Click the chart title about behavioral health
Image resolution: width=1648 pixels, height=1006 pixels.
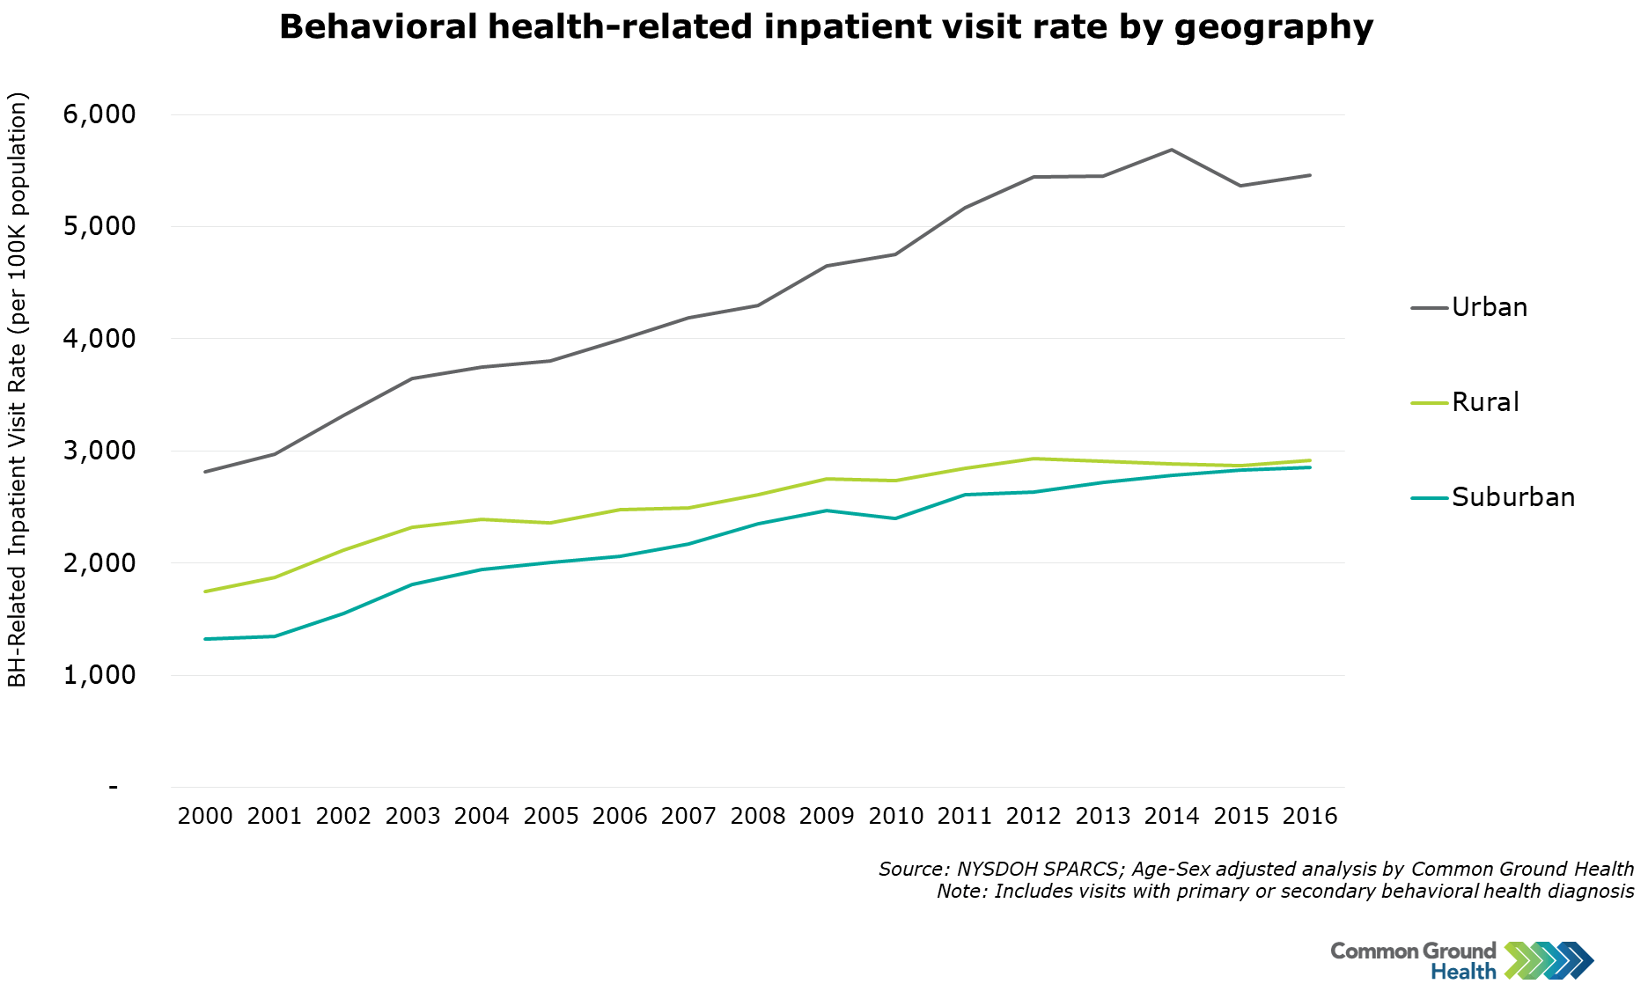point(826,27)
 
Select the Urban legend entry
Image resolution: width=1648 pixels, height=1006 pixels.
point(1489,307)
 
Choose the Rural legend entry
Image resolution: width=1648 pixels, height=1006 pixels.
point(1485,402)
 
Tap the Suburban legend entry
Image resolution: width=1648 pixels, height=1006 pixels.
point(1512,497)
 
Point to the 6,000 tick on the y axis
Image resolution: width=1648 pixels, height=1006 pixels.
point(99,114)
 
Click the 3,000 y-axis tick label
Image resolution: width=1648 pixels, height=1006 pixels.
point(99,451)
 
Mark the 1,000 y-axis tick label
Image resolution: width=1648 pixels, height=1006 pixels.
point(99,675)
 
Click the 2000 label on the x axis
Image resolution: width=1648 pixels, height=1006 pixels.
point(205,816)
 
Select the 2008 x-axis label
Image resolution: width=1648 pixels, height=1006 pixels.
point(758,816)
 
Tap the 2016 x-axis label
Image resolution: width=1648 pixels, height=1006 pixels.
point(1310,816)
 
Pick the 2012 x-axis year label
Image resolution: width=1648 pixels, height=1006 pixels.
point(1034,816)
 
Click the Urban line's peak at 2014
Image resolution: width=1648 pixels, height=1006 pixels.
point(1172,150)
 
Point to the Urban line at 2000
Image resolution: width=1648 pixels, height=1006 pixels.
point(205,472)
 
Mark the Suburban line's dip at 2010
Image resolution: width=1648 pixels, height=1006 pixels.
point(895,518)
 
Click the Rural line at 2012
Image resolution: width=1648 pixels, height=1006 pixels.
point(1034,459)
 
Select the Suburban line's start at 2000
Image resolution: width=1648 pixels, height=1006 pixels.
point(205,639)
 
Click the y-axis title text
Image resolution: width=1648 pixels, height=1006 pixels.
point(18,389)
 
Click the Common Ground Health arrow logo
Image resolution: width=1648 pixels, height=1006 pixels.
point(1549,960)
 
